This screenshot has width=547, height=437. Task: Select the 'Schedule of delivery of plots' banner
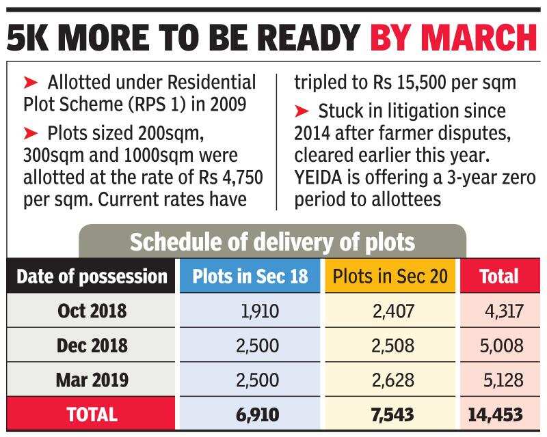(272, 242)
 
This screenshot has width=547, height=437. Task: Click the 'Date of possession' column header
(92, 277)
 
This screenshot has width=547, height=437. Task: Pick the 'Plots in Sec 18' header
(250, 277)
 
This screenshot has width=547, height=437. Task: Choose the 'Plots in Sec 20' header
(390, 277)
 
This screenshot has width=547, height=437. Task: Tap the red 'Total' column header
(499, 277)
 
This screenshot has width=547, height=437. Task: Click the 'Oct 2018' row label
(92, 311)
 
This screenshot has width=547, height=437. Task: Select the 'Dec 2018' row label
(92, 346)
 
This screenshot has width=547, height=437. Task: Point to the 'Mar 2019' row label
(92, 380)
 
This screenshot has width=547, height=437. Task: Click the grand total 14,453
(496, 414)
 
